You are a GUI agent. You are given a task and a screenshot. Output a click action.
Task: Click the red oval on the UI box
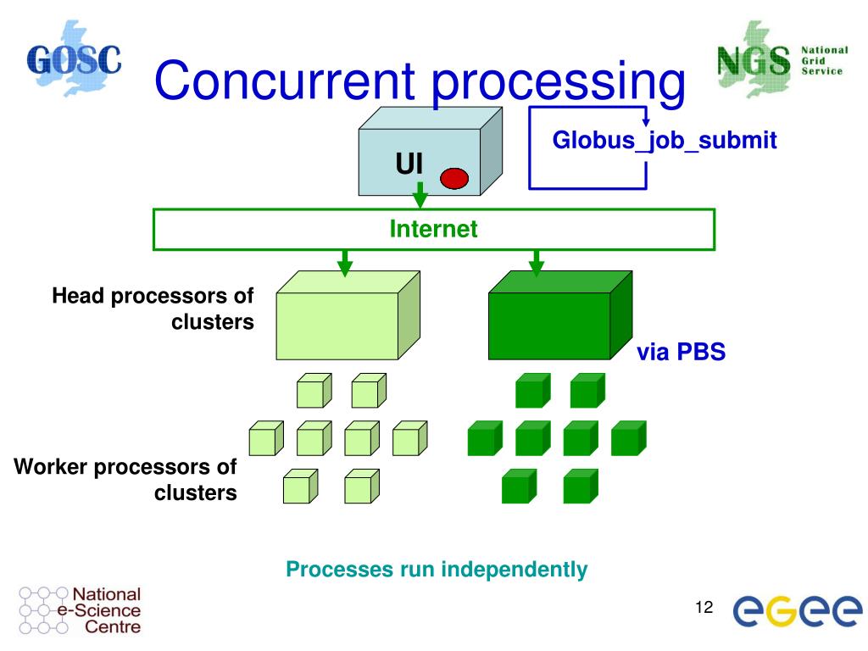(454, 178)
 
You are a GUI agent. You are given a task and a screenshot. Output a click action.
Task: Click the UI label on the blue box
(409, 164)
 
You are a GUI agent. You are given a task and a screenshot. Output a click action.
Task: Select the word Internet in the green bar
(433, 229)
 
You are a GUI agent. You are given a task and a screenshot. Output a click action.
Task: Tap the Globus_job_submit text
(665, 140)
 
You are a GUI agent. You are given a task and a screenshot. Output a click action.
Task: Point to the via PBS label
(681, 352)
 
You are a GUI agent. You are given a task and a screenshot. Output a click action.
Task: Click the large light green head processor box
(348, 315)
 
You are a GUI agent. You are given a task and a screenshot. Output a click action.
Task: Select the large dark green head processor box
(560, 315)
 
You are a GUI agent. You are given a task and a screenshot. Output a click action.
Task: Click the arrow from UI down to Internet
(420, 195)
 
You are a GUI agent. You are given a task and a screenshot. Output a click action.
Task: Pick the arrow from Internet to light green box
(345, 263)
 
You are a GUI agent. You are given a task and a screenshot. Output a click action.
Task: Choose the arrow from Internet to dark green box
(536, 263)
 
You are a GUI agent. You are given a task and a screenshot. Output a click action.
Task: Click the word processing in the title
(558, 84)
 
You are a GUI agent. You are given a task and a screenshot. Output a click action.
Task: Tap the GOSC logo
(75, 58)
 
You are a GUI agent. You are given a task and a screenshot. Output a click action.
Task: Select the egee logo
(797, 610)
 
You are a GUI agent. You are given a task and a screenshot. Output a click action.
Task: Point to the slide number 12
(704, 607)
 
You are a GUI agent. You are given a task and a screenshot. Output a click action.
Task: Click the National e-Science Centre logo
(80, 610)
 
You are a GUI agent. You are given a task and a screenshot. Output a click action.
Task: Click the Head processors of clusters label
(153, 309)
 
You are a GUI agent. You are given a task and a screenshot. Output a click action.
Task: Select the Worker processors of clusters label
(125, 480)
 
